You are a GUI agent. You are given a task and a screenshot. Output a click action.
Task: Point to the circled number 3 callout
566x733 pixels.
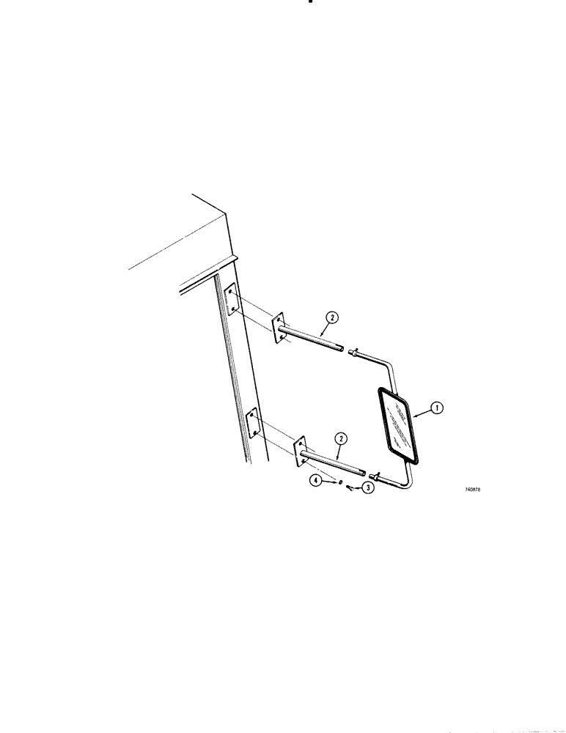[367, 488]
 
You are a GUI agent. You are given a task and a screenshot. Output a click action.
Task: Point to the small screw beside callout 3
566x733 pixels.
[350, 489]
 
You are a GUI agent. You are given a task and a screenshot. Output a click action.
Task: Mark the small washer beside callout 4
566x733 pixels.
[340, 482]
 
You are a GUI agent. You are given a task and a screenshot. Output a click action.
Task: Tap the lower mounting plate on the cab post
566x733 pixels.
[251, 424]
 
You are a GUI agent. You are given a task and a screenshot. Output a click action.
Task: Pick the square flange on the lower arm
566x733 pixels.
[300, 453]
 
